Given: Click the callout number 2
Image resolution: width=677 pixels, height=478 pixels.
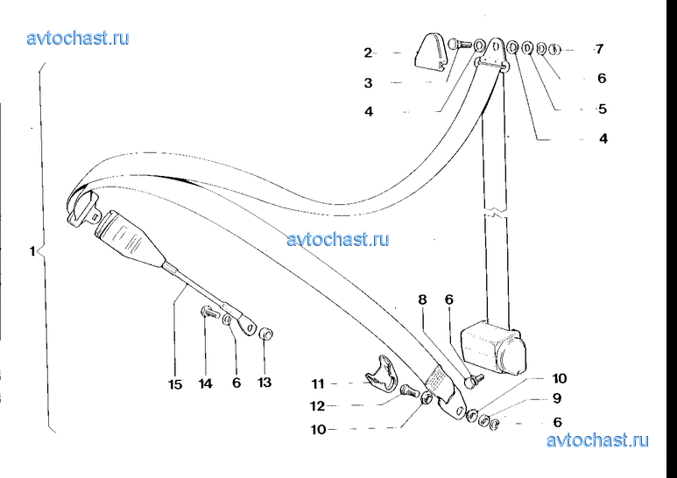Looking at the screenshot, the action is point(368,53).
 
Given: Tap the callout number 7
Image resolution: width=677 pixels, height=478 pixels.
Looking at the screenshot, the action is point(599,49).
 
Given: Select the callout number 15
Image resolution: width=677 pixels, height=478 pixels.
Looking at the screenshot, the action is point(175,384).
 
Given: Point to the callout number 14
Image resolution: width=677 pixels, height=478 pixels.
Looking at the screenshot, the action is point(206,383).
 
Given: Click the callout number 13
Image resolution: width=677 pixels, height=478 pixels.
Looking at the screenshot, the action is point(264,383).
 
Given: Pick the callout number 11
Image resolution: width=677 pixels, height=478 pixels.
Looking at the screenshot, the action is point(318,383).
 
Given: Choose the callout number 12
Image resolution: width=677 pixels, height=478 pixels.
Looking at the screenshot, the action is point(317,406).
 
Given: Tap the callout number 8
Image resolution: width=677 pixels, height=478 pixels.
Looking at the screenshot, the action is point(422,299).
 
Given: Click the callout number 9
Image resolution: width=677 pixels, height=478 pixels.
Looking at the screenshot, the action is point(557,398).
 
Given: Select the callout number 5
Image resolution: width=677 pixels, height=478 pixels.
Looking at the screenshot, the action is point(603,109).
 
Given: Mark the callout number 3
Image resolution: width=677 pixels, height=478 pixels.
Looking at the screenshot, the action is point(368,82).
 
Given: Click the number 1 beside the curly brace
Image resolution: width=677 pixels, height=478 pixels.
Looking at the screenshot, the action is point(32,250).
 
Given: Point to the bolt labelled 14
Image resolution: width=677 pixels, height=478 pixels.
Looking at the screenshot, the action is point(210,311).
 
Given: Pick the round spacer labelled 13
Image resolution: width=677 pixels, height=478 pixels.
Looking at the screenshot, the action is point(266,334).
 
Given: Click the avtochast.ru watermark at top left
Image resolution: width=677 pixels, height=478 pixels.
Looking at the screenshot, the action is point(78,38).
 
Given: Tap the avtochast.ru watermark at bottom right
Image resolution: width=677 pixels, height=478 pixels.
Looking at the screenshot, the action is point(597,440).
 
